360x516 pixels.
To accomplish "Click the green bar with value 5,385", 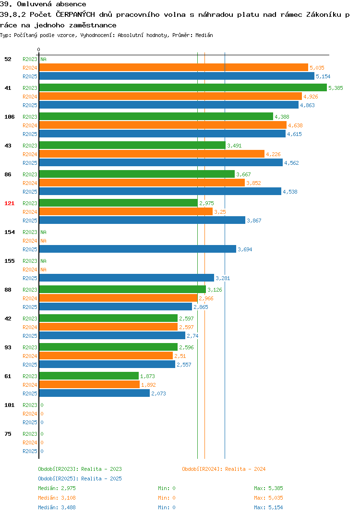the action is [x=183, y=87].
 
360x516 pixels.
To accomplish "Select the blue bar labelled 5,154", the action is [x=177, y=76].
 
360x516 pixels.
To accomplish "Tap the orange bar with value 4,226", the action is [x=152, y=154].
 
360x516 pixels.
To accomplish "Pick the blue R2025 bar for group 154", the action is [x=138, y=249].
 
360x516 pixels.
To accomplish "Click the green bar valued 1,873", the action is [x=89, y=376].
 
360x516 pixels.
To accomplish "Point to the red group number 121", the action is [x=10, y=203].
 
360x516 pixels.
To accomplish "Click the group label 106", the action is [x=10, y=117].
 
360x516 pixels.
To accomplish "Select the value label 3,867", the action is [x=254, y=221].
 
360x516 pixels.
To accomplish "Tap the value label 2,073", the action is [x=158, y=393].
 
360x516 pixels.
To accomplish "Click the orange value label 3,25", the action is [x=220, y=212].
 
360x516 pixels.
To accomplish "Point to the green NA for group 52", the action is [x=43, y=59].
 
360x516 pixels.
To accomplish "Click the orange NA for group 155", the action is [x=43, y=270].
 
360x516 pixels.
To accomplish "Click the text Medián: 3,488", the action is [x=57, y=507].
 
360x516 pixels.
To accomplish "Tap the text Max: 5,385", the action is [x=268, y=488].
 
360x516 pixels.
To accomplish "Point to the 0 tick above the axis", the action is [x=38, y=49].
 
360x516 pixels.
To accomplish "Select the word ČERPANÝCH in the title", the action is [x=75, y=14].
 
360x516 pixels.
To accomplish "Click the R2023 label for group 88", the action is [x=30, y=290].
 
